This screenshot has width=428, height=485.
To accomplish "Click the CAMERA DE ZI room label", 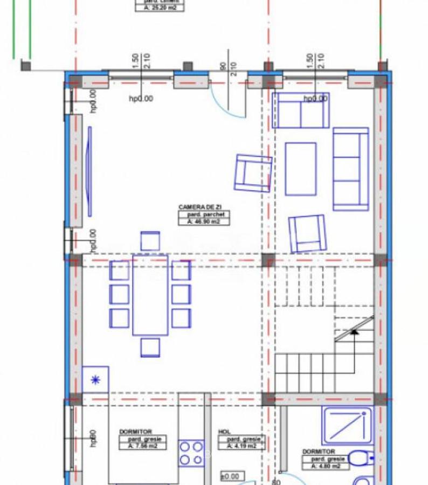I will click(x=200, y=206).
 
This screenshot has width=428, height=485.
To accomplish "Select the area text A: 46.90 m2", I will click(x=201, y=221).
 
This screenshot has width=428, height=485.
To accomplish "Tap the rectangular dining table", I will click(x=150, y=295).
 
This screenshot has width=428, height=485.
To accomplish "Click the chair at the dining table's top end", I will click(x=150, y=240).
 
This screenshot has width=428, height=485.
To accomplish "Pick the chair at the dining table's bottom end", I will click(x=150, y=347).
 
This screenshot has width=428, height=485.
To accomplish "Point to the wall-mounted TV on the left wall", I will click(x=89, y=170).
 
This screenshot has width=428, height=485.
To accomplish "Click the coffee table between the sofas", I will click(x=300, y=169).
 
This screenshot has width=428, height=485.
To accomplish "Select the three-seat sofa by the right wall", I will click(x=350, y=169).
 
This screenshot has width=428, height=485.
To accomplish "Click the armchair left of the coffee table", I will click(x=252, y=173).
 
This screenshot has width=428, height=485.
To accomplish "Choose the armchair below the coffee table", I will click(x=307, y=233).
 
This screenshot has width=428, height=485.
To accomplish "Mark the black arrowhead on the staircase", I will click(x=354, y=332).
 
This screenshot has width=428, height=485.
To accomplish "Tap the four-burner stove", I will click(x=191, y=453).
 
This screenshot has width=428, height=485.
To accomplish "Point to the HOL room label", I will click(x=224, y=432).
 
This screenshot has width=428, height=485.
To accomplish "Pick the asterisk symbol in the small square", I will click(x=95, y=379).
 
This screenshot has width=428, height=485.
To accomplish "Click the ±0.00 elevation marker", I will click(x=232, y=476).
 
